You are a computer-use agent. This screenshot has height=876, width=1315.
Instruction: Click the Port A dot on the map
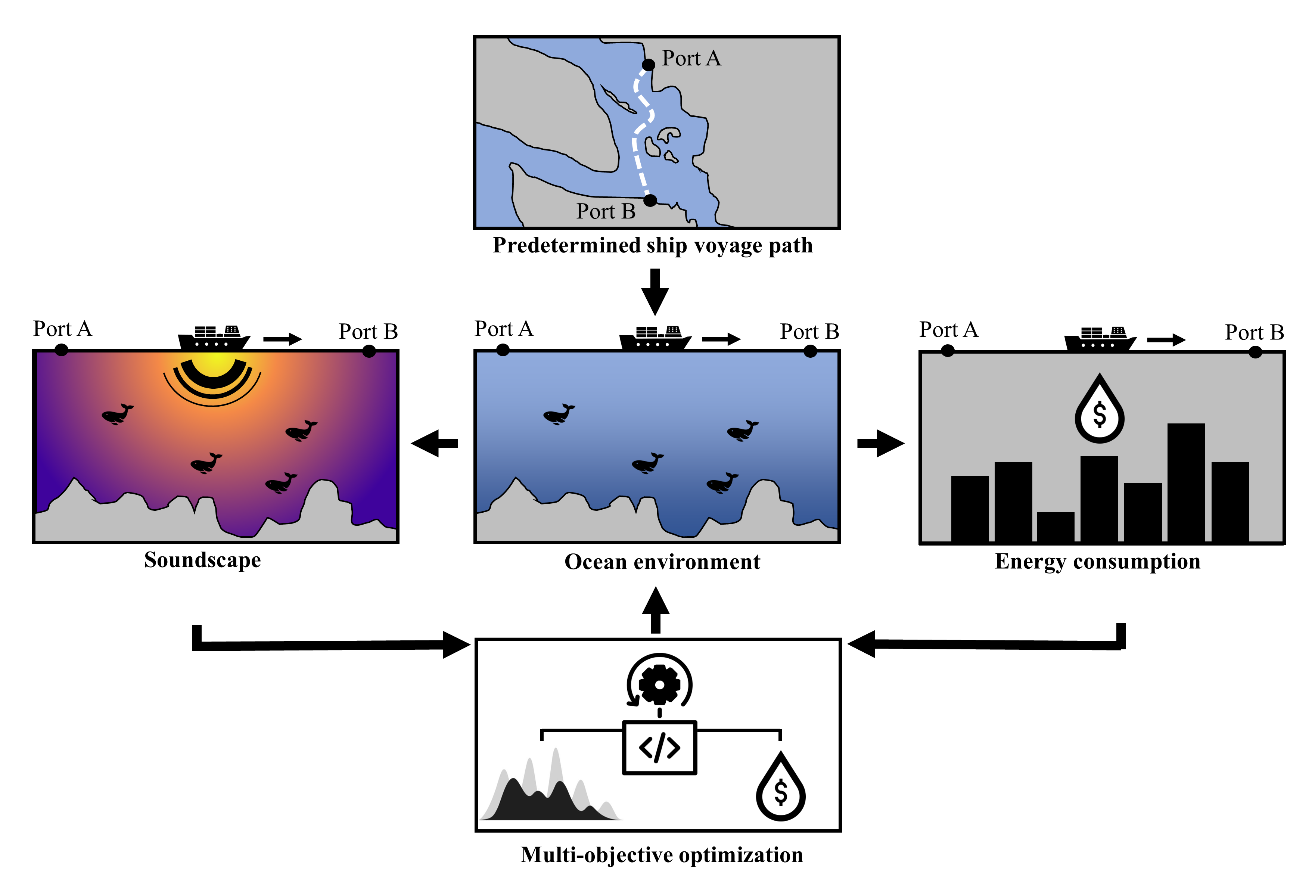pos(648,65)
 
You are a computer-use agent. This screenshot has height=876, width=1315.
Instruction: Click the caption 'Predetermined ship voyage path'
pos(653,245)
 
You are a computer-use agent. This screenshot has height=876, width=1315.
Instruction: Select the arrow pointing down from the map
pos(655,292)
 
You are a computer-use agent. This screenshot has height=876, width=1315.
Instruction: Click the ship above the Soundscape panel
pos(214,339)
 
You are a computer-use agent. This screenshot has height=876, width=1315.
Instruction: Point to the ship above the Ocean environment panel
pos(655,339)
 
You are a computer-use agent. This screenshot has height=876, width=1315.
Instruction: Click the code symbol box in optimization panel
pos(659,748)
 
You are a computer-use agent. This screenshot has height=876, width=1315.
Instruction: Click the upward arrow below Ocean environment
pos(656,610)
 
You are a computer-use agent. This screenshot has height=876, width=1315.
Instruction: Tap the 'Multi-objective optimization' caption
pos(661,855)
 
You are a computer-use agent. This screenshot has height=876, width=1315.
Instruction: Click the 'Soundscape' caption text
pos(202,560)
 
